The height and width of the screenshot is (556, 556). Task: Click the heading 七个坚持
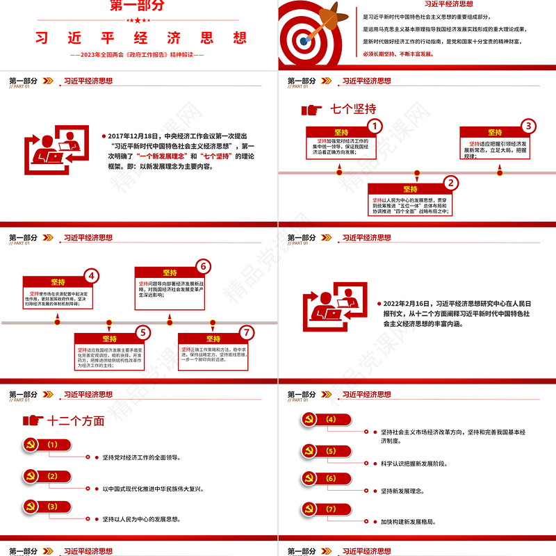(x=353, y=109)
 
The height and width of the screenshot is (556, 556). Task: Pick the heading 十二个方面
(x=76, y=421)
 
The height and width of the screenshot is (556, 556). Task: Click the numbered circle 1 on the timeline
(x=374, y=126)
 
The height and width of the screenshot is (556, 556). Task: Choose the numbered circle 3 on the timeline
(x=528, y=126)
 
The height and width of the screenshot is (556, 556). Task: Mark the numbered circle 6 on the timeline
(x=203, y=267)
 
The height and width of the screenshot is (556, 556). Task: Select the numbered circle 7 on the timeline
(x=245, y=332)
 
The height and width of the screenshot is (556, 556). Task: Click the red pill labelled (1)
(x=53, y=445)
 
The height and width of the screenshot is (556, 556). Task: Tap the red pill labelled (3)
(x=53, y=507)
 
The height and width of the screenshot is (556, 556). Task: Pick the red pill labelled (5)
(x=331, y=451)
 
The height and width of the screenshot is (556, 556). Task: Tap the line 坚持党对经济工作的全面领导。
(x=142, y=457)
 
